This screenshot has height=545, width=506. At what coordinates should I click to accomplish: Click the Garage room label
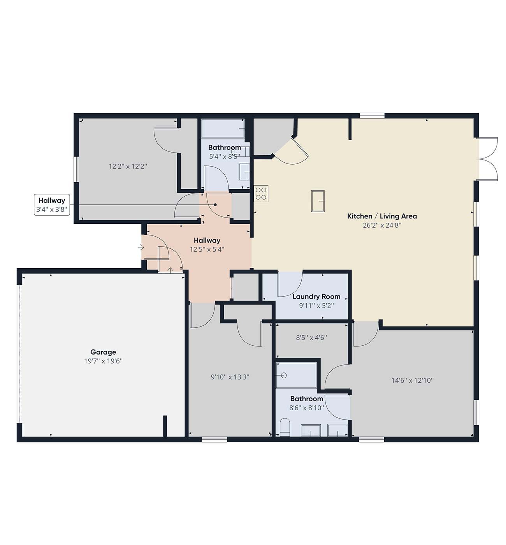tap(103, 352)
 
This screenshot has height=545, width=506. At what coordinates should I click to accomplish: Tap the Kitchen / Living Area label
tap(382, 216)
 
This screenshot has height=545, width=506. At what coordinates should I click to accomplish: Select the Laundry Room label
tap(316, 297)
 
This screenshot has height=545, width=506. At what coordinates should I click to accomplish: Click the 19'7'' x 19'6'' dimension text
tap(103, 361)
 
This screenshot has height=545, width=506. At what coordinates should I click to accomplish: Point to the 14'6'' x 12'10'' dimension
tap(413, 380)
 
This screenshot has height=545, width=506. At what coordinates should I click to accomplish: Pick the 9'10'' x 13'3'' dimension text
tap(230, 377)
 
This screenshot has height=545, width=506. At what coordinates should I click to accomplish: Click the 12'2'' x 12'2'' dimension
tap(128, 166)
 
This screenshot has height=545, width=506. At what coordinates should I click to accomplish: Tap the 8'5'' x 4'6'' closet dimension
tap(311, 338)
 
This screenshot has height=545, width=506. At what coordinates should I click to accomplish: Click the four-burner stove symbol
tap(261, 193)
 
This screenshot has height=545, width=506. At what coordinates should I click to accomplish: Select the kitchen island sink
tap(318, 201)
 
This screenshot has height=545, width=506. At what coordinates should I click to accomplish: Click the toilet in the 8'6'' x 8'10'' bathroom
tap(285, 427)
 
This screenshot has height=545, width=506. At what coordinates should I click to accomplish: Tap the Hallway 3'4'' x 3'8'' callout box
tap(52, 205)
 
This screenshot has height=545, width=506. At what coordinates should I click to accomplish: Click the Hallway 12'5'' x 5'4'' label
tap(207, 245)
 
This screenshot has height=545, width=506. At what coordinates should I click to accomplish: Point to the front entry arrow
tap(141, 247)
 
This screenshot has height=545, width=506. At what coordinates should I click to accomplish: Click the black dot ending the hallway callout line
tap(215, 205)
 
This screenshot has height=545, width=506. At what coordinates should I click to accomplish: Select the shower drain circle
tap(284, 375)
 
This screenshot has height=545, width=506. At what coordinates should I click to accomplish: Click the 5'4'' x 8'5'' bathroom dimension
tap(225, 157)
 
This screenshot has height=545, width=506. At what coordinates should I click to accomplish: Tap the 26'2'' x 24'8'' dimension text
tap(382, 225)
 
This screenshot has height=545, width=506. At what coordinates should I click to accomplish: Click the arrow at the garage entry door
tap(170, 270)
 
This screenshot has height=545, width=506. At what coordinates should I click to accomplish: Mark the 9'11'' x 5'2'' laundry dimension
tap(316, 306)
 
